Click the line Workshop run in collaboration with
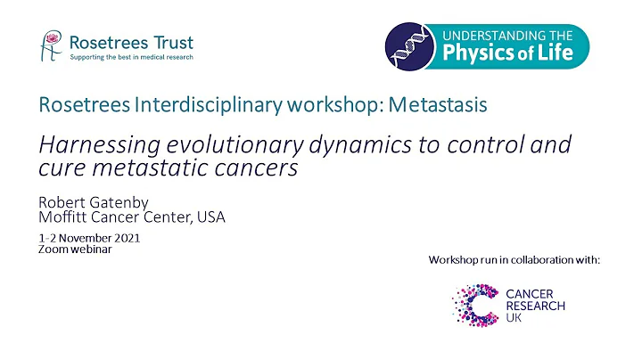[514, 259]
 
